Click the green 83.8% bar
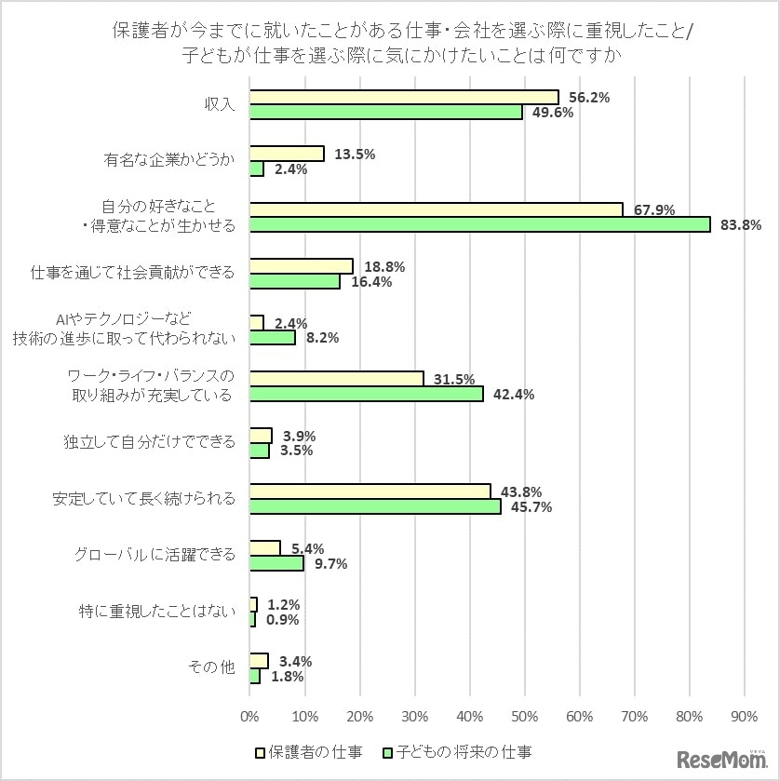pyautogui.click(x=479, y=224)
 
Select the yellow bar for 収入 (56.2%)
pyautogui.click(x=404, y=97)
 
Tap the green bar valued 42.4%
pyautogui.click(x=366, y=394)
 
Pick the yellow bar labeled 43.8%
pyautogui.click(x=370, y=491)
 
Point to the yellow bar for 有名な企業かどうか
pyautogui.click(x=287, y=154)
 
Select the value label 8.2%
pyautogui.click(x=322, y=338)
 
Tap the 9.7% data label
pyautogui.click(x=330, y=564)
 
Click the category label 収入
pyautogui.click(x=219, y=104)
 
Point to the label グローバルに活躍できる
pyautogui.click(x=155, y=555)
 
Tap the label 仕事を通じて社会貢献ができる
pyautogui.click(x=132, y=273)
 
